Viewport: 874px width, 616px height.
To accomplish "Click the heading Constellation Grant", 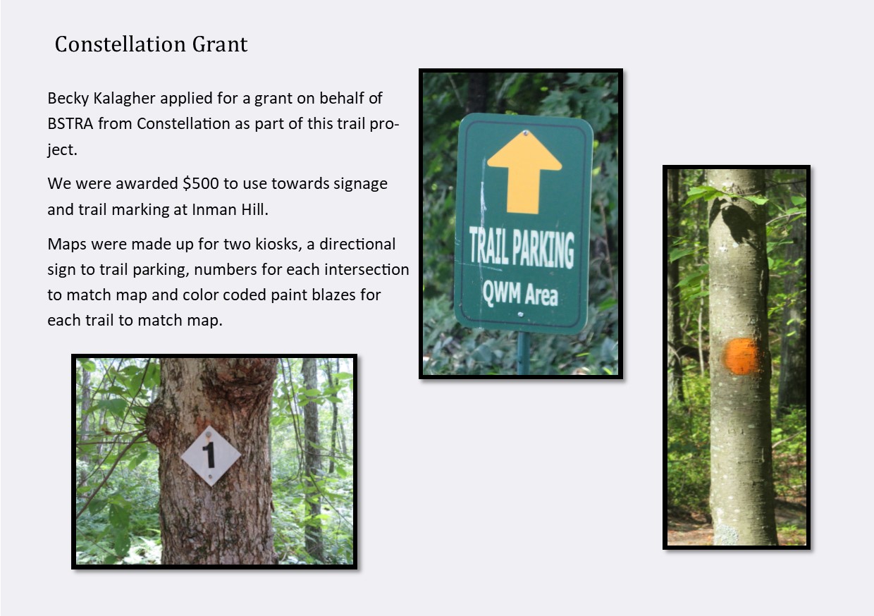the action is point(151,44).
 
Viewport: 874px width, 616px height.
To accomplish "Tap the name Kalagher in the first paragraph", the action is point(125,98).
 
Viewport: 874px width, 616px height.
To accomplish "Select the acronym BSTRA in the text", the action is point(70,123).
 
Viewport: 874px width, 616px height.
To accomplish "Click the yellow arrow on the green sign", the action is point(524,172).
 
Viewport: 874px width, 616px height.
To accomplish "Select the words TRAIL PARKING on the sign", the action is point(522,247).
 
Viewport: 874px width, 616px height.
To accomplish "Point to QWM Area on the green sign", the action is point(520,293).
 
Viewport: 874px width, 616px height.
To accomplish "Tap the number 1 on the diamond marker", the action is point(209,455).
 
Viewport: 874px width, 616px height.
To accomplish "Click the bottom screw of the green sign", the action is point(520,314).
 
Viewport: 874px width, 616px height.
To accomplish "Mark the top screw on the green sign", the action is point(526,133).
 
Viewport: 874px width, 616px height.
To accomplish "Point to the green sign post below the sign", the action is point(523,353).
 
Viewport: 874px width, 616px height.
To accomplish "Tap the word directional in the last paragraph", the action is point(357,245).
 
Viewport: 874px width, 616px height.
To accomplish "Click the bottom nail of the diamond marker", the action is point(211,476).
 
